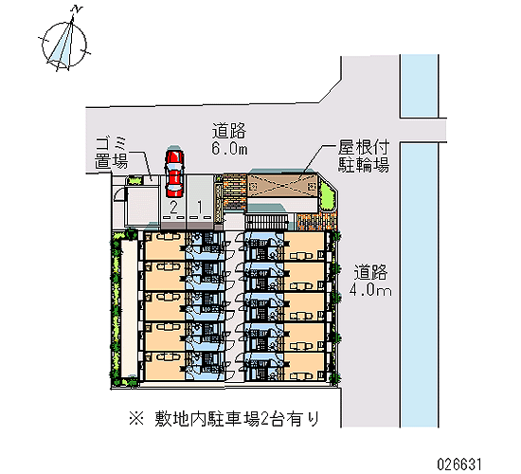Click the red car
tap(174, 173)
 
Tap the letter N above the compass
tap(77, 9)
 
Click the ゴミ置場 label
tap(112, 154)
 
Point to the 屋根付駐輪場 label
tap(364, 155)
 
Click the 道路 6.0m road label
tap(229, 139)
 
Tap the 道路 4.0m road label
tap(370, 280)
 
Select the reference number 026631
tap(459, 464)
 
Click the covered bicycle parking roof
tap(282, 186)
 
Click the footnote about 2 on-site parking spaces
tap(224, 418)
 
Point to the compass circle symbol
tap(64, 45)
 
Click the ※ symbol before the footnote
tap(136, 419)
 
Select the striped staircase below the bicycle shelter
tap(266, 222)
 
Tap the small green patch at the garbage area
tap(135, 180)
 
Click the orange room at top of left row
tap(165, 246)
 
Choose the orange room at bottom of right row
tap(304, 366)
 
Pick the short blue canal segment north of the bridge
tap(419, 86)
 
